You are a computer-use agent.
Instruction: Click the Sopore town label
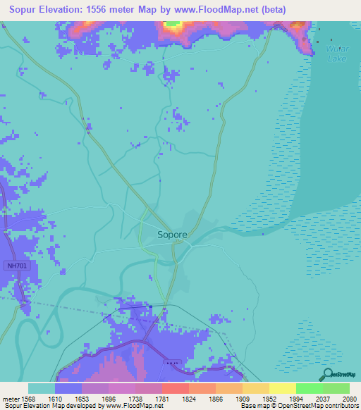tap(172, 234)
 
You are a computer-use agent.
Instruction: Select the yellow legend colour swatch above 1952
tap(256, 388)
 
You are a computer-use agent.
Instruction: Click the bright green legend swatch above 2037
tap(310, 388)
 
